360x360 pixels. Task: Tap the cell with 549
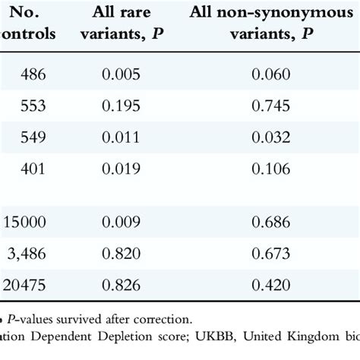click(36, 137)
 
